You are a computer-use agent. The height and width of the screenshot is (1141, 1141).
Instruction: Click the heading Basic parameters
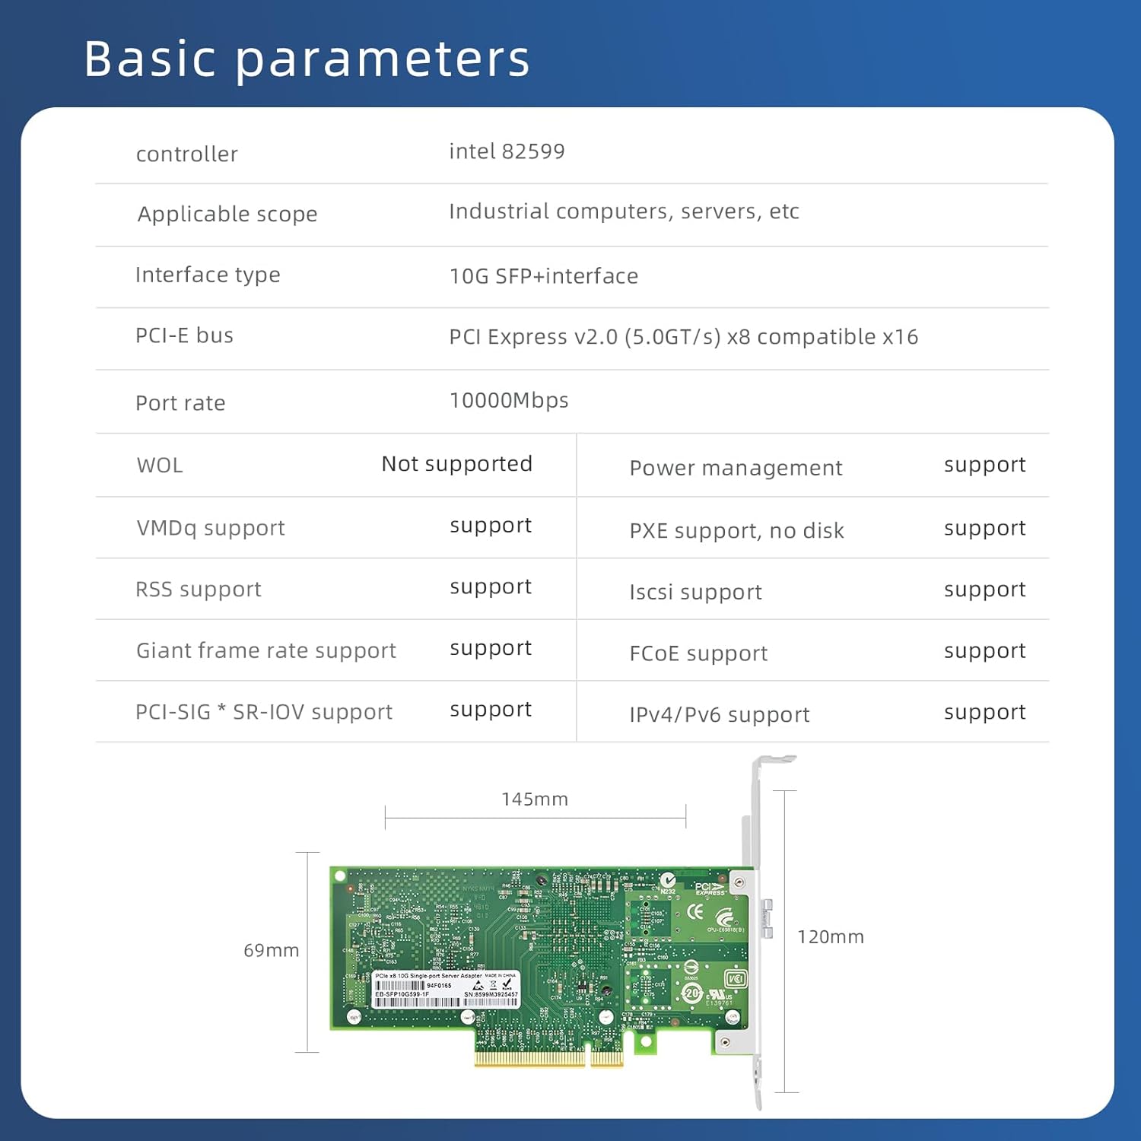(307, 59)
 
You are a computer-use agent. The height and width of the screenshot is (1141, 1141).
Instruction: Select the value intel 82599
(507, 151)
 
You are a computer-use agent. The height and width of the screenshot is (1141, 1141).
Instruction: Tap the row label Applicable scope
(227, 214)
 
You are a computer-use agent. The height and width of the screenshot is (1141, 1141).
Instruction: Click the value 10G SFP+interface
(543, 276)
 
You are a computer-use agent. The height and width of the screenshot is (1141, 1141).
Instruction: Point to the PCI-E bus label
(184, 335)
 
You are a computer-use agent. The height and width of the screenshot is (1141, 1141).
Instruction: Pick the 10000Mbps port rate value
(508, 400)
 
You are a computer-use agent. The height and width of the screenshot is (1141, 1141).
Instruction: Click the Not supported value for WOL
(456, 464)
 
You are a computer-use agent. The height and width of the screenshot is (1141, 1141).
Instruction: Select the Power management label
(736, 468)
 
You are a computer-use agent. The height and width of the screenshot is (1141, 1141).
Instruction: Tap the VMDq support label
(210, 528)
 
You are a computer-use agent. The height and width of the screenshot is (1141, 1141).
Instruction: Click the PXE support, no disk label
(736, 530)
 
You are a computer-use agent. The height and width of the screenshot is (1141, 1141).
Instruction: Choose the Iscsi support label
(695, 592)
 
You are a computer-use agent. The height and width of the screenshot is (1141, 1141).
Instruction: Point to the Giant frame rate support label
(265, 650)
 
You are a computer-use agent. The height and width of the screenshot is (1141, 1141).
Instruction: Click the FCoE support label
(698, 653)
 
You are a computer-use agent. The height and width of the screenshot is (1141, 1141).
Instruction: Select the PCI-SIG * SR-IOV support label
(263, 712)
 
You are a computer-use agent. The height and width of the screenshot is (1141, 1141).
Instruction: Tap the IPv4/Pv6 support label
(719, 715)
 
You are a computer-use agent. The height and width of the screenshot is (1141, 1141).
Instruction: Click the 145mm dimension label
(534, 799)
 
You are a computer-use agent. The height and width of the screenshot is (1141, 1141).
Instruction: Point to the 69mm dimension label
(271, 950)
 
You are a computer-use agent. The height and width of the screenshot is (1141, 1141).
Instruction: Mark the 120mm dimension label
(830, 936)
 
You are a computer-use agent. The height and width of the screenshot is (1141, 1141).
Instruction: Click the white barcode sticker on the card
(446, 990)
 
